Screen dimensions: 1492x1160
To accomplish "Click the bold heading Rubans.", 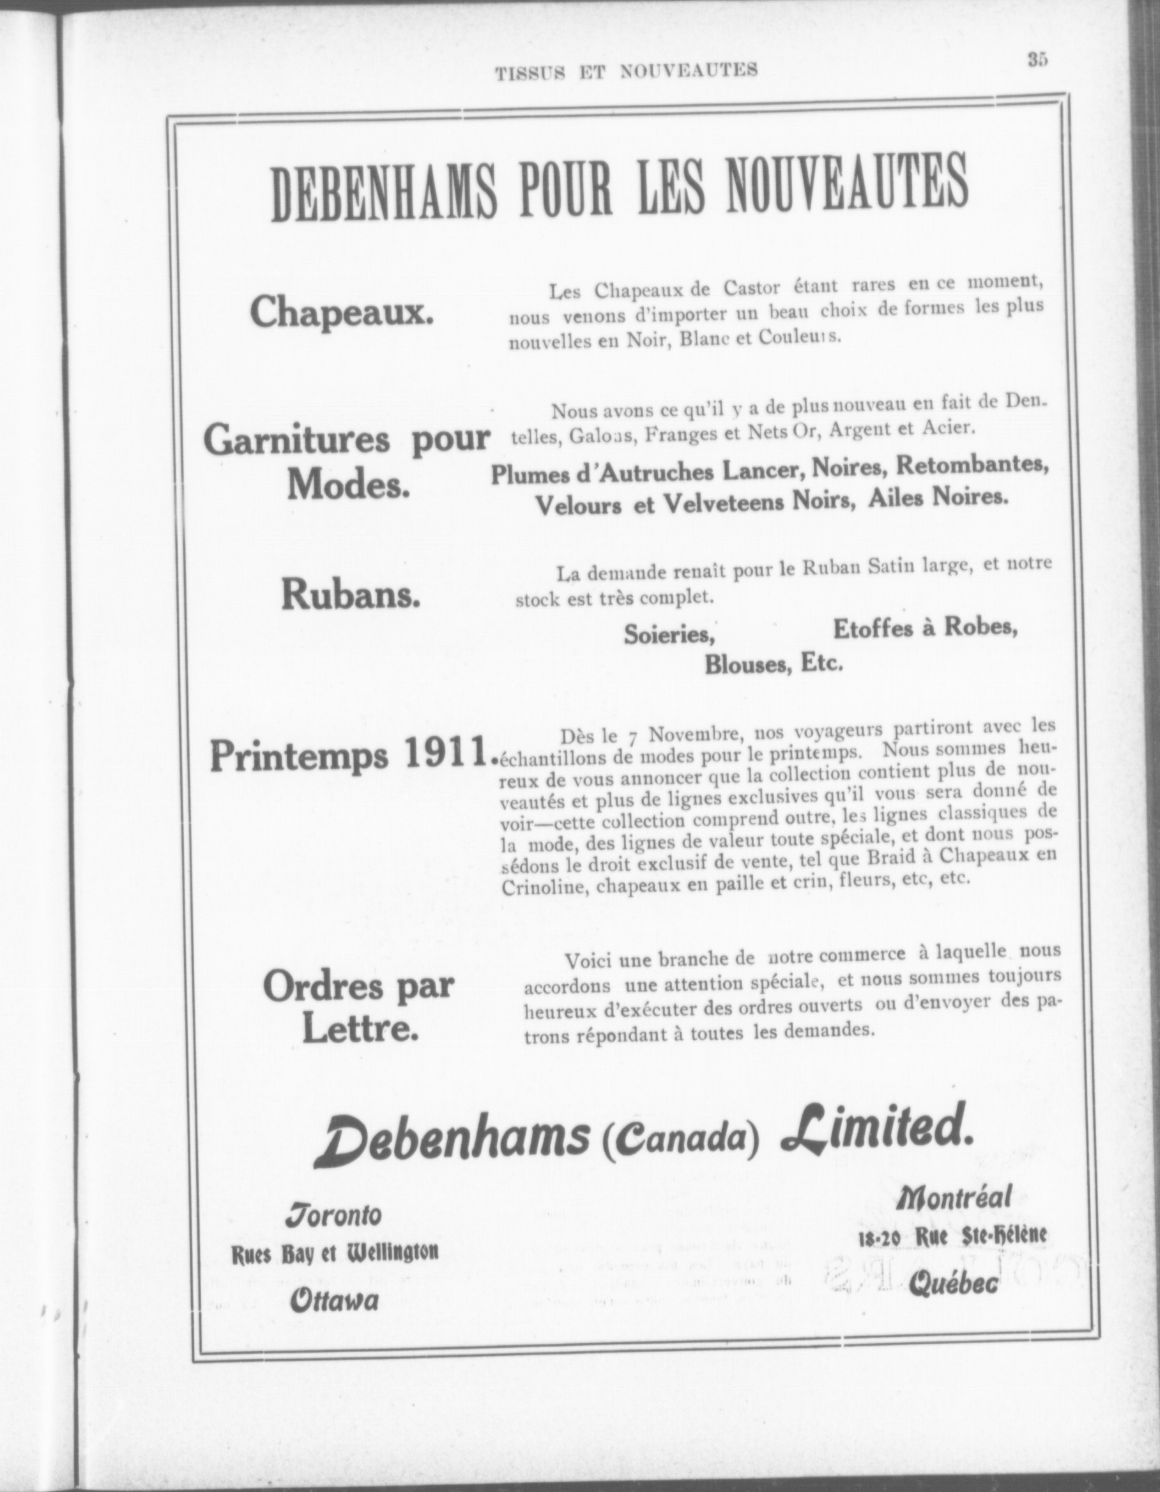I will [351, 596].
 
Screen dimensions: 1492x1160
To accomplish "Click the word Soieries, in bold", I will [669, 636].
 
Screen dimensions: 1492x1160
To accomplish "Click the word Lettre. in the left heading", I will [360, 1030].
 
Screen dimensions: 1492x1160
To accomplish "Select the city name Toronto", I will [333, 1214].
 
